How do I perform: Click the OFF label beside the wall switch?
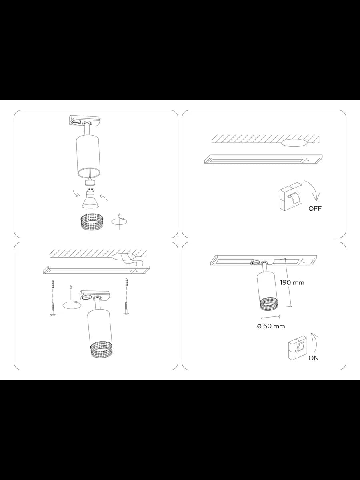click(315, 209)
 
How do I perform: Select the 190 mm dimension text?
click(292, 282)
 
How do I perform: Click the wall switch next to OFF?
click(291, 196)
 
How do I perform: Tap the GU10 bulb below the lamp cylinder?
click(90, 198)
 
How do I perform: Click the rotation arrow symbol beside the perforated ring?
click(119, 221)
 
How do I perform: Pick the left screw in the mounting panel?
click(52, 308)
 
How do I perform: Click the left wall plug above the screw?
click(52, 284)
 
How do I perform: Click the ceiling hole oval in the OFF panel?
click(294, 143)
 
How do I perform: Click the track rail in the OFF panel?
click(263, 159)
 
